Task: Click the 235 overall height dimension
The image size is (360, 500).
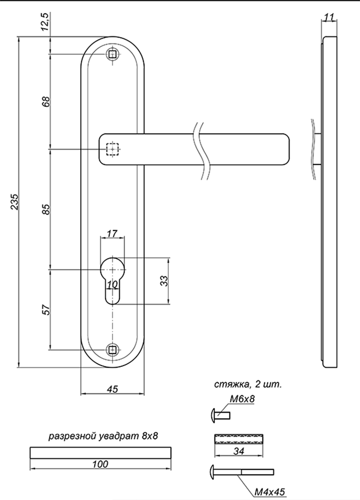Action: (15, 202)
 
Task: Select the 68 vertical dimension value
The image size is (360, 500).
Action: (46, 101)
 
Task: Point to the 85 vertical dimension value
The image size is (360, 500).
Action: (46, 209)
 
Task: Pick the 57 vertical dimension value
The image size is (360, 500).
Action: (46, 310)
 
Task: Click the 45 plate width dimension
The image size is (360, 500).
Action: (112, 389)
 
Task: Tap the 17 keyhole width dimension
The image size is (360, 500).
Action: (112, 234)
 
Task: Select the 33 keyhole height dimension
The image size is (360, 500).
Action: (164, 281)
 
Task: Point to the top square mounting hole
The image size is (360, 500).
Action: (112, 54)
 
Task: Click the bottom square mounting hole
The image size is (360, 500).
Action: (112, 350)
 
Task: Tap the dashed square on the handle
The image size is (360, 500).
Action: (112, 150)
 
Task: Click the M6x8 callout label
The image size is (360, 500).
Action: (242, 399)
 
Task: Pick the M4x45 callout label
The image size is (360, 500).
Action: (269, 492)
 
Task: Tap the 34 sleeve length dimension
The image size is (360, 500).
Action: (239, 451)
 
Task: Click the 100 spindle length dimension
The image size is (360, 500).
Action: (100, 464)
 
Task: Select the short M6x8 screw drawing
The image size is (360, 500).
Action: (221, 416)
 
